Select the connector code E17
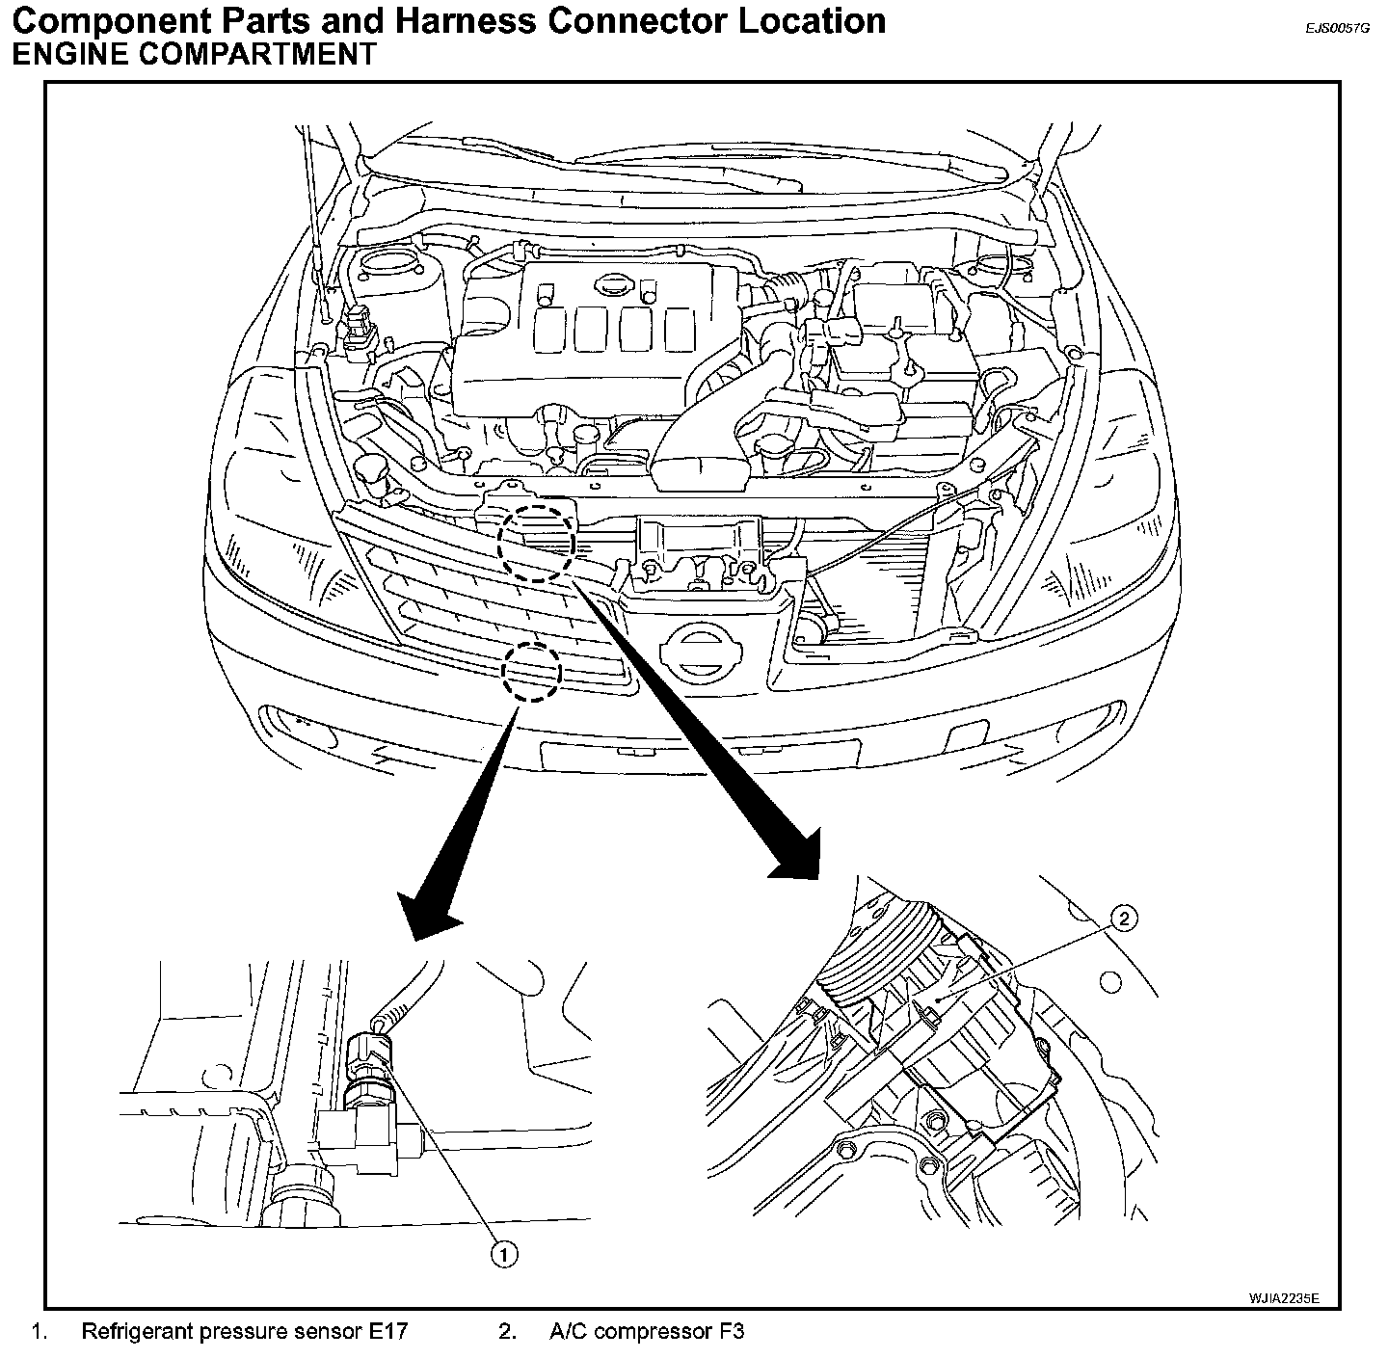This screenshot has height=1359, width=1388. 387,1332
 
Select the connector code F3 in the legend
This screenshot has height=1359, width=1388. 731,1332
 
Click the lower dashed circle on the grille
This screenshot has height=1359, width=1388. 531,672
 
